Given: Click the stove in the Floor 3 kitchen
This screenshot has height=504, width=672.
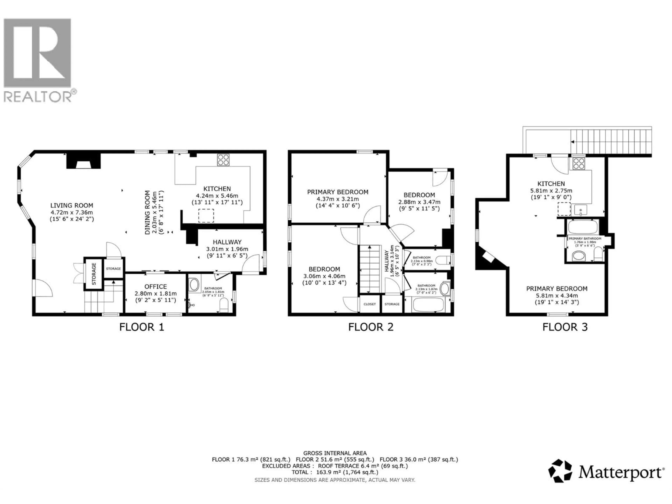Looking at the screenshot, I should [578, 164].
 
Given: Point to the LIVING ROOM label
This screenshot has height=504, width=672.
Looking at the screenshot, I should [72, 206].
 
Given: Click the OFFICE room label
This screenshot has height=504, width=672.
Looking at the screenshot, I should [156, 286].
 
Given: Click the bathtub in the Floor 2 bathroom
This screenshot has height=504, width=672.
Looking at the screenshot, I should [428, 305].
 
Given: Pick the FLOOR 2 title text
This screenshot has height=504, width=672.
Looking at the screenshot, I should [371, 327].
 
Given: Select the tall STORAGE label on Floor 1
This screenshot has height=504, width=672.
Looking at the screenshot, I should [94, 274].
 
